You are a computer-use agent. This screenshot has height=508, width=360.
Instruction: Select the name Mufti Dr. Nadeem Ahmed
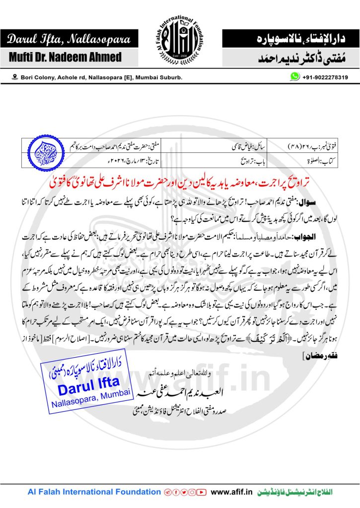coord(65,57)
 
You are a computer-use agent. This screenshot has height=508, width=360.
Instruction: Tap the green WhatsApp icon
coord(295,77)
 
